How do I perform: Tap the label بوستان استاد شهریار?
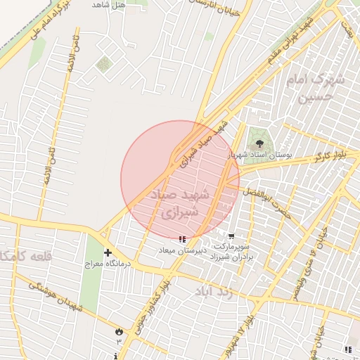click(261, 155)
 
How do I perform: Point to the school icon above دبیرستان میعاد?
click(183, 239)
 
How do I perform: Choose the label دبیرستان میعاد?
click(181, 250)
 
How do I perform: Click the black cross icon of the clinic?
click(108, 252)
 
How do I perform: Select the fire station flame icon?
click(118, 330)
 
